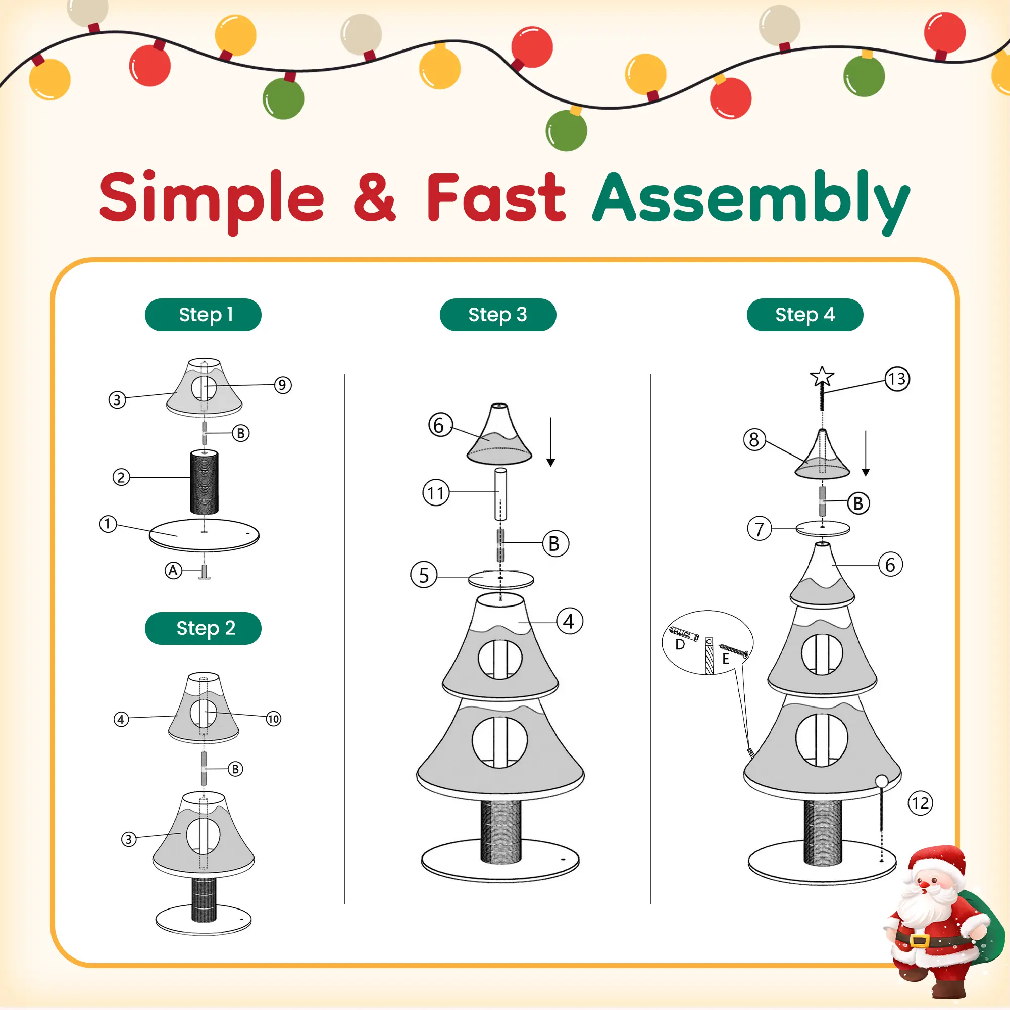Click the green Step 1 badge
pyautogui.click(x=203, y=315)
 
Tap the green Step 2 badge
pyautogui.click(x=203, y=628)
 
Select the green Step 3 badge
pyautogui.click(x=498, y=315)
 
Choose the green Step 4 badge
pyautogui.click(x=805, y=315)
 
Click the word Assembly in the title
pyautogui.click(x=751, y=201)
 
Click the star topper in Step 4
pyautogui.click(x=822, y=376)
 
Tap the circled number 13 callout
pyautogui.click(x=897, y=378)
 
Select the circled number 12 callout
pyautogui.click(x=920, y=803)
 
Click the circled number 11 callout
pyautogui.click(x=436, y=492)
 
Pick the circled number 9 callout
pyautogui.click(x=283, y=385)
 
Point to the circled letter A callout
pyautogui.click(x=173, y=570)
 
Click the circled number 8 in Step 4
pyautogui.click(x=754, y=440)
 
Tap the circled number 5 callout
pyautogui.click(x=424, y=575)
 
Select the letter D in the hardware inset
pyautogui.click(x=680, y=644)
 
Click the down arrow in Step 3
pyautogui.click(x=550, y=442)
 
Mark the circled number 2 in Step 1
pyautogui.click(x=121, y=477)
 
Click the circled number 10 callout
pyautogui.click(x=273, y=719)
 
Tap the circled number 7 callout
pyautogui.click(x=759, y=529)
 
